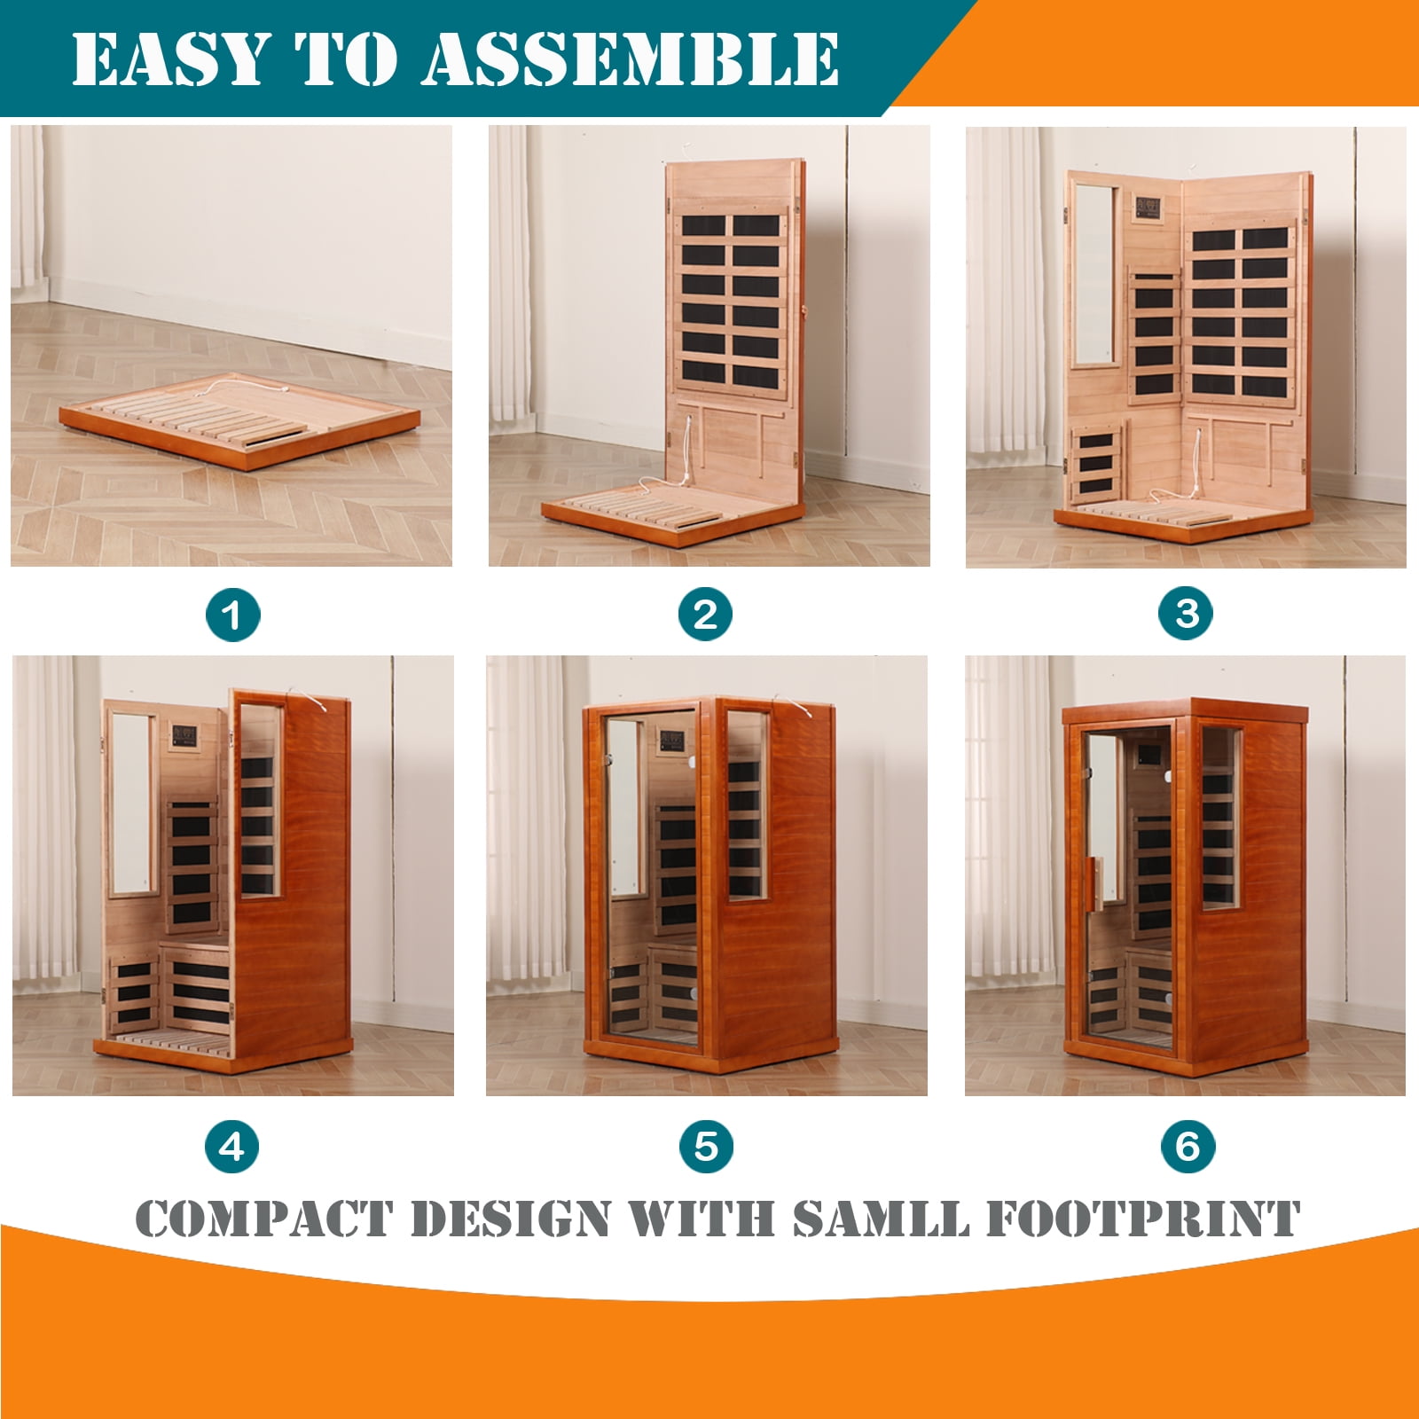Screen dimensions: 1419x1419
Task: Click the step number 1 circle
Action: click(233, 615)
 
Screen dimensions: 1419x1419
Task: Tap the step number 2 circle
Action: click(706, 615)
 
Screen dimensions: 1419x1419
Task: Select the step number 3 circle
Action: click(1187, 614)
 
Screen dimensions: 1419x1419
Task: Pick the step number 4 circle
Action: click(232, 1146)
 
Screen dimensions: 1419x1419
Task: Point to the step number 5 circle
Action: click(707, 1146)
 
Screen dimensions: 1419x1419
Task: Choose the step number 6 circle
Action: click(1188, 1146)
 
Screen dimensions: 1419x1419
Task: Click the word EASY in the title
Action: click(169, 59)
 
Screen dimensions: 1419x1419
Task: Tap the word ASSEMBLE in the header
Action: click(631, 59)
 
